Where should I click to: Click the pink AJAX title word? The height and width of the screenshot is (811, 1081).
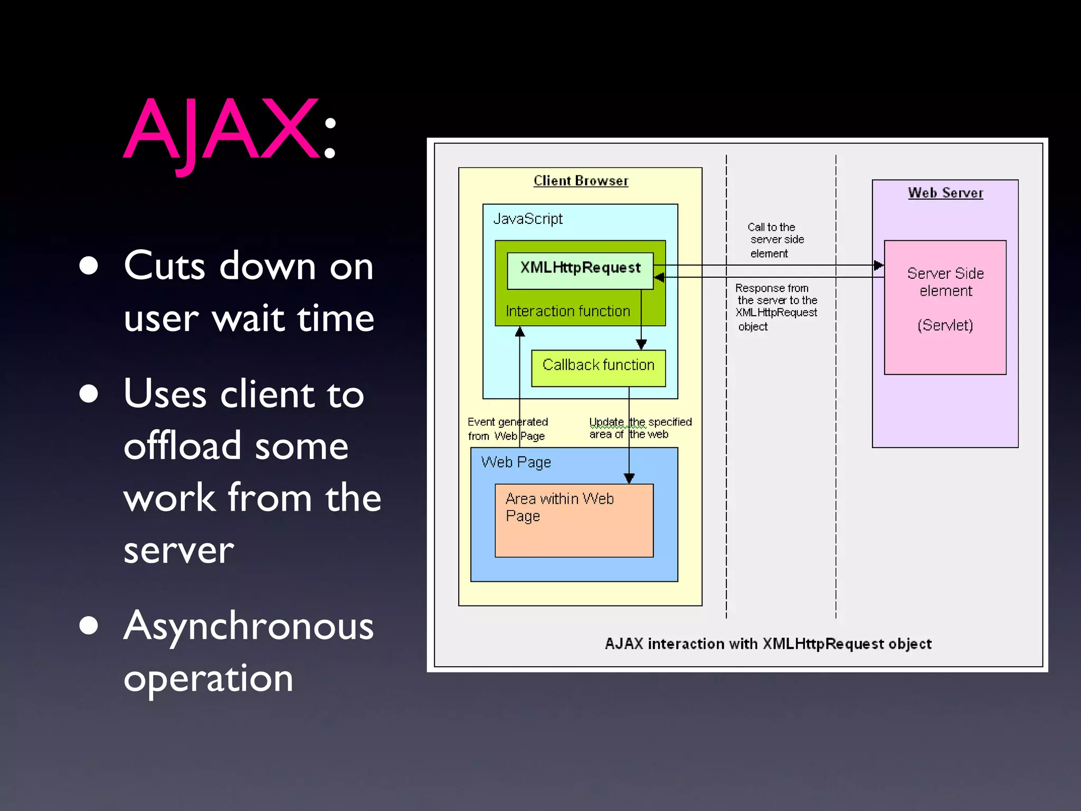222,129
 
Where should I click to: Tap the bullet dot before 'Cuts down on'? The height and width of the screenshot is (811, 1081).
89,266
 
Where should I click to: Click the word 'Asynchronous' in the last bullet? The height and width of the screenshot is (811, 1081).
248,627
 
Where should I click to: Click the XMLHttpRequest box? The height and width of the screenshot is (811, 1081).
580,270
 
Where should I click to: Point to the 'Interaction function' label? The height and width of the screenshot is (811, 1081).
567,311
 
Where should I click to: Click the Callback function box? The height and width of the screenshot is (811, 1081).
598,367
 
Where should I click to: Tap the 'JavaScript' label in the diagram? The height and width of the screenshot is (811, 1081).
528,219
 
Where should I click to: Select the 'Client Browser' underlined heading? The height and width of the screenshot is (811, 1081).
581,181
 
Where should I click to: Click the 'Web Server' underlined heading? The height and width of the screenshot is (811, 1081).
945,193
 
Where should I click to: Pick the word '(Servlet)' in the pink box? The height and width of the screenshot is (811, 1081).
945,325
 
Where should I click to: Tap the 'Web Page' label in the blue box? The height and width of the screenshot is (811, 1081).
516,462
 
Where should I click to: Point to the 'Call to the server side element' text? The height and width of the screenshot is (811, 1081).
774,240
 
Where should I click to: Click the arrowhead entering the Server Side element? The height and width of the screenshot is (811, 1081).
878,265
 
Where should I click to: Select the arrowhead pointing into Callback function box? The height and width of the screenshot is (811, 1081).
641,344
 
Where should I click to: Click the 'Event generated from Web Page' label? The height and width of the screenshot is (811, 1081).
507,429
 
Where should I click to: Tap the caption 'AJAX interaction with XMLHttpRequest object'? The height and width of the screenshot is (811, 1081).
768,644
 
